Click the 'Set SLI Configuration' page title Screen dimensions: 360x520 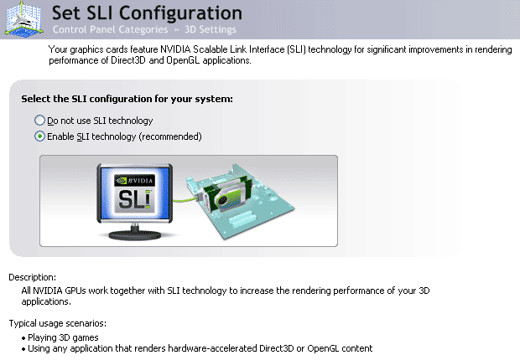click(x=147, y=13)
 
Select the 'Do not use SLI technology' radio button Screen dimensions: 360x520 click(x=39, y=121)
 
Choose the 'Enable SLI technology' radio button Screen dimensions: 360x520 click(x=39, y=136)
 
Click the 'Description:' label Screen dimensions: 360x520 click(x=32, y=277)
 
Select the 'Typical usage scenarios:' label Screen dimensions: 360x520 click(x=57, y=323)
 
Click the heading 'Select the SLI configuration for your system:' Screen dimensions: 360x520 click(x=126, y=100)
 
